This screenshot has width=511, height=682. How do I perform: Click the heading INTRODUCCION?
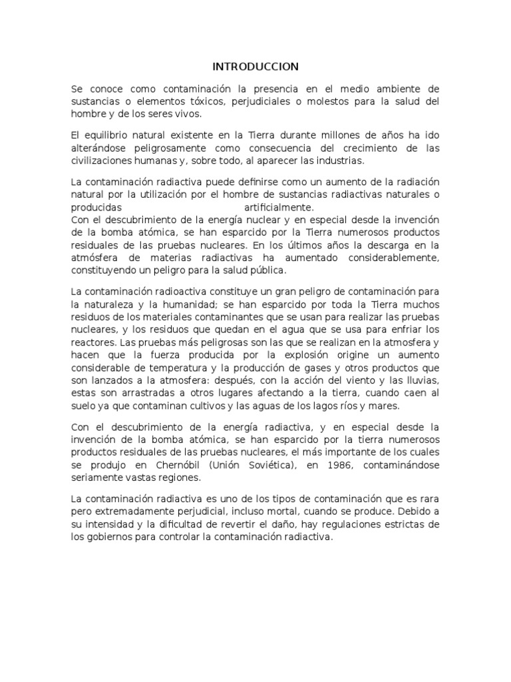coord(255,67)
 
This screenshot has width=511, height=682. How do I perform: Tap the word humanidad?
coord(195,304)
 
